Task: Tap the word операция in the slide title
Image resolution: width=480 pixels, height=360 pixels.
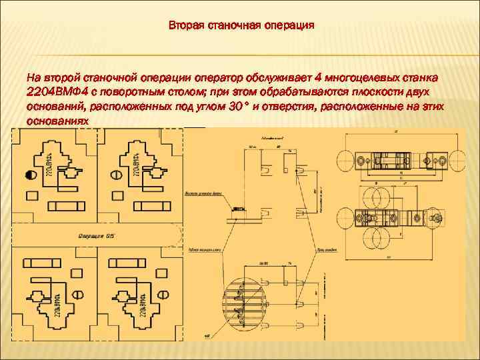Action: [x=288, y=27]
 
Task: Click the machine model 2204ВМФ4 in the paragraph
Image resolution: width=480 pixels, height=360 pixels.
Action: [x=55, y=92]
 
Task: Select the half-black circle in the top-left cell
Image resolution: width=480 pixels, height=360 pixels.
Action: [x=30, y=176]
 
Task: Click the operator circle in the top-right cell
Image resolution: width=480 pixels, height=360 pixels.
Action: [x=115, y=175]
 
